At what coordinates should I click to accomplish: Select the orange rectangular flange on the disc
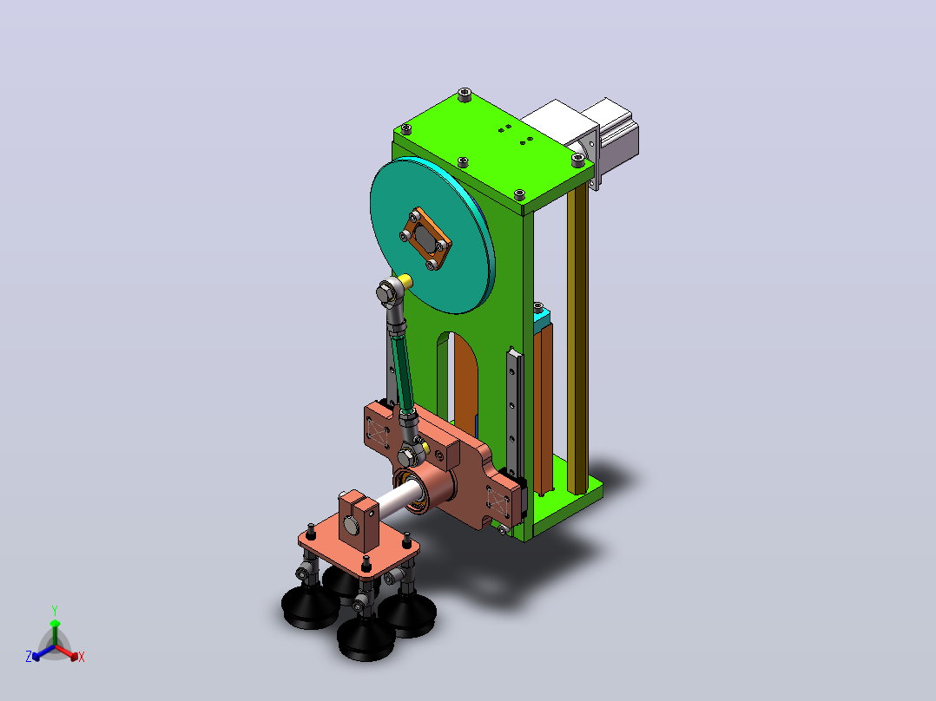click(x=426, y=239)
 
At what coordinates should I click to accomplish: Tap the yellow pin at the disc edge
click(x=406, y=280)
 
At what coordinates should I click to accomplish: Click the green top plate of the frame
click(x=493, y=152)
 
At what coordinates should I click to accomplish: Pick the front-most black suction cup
click(x=366, y=639)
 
